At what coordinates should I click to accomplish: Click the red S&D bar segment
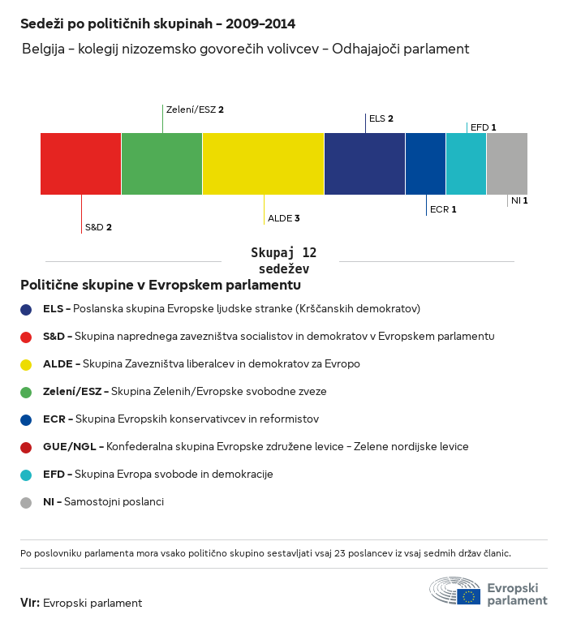click(x=80, y=164)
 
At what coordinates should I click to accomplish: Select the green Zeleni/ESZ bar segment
click(x=161, y=164)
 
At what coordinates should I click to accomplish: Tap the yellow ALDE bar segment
click(x=263, y=164)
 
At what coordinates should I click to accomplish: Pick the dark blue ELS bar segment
click(x=364, y=164)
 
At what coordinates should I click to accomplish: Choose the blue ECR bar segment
click(x=425, y=164)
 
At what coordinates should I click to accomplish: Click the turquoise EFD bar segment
click(x=466, y=164)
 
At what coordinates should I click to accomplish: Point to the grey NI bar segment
click(x=507, y=164)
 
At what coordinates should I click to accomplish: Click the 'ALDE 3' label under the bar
click(x=284, y=218)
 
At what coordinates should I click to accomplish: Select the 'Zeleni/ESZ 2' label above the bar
click(x=194, y=109)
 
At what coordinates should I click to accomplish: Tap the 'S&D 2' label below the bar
click(x=98, y=227)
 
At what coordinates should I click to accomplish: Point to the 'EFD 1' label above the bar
click(x=483, y=127)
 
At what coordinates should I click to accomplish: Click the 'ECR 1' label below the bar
click(x=443, y=209)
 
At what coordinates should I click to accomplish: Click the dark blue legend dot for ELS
click(x=26, y=309)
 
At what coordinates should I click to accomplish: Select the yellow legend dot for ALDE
click(x=26, y=364)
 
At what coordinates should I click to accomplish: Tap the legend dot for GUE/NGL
click(x=26, y=447)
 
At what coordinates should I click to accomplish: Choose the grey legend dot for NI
click(x=26, y=502)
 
